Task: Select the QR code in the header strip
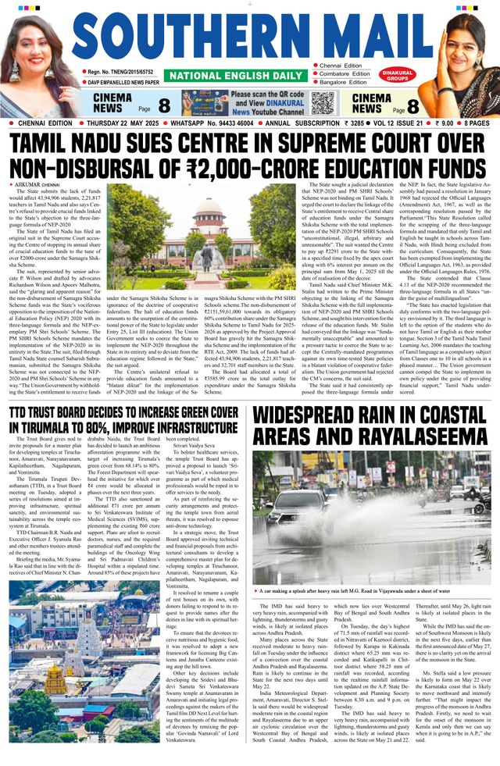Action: tap(321, 102)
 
